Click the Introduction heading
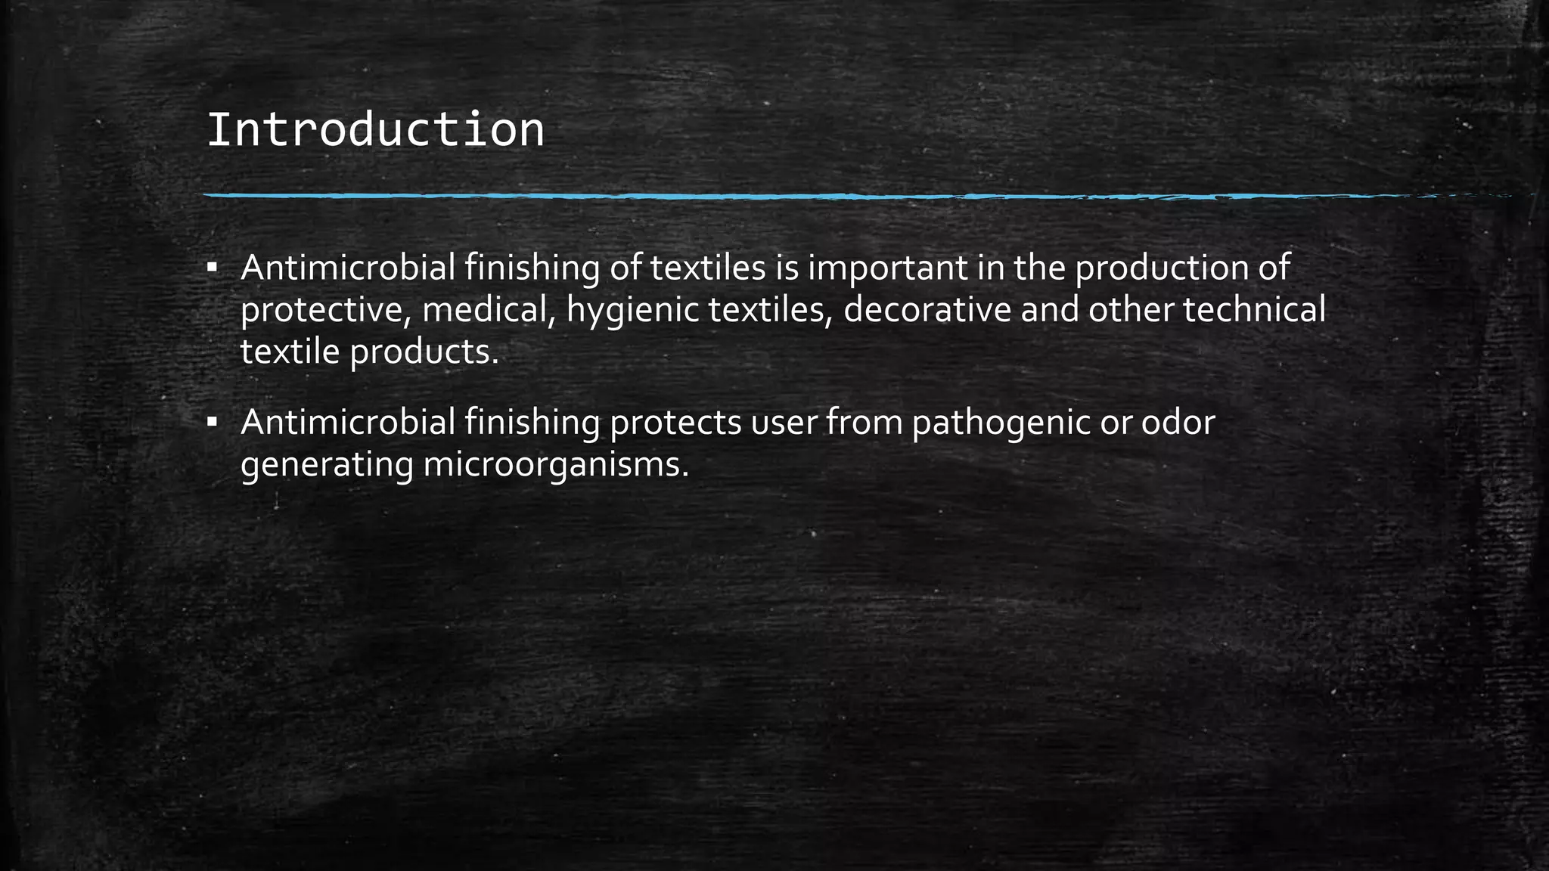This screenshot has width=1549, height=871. point(375,130)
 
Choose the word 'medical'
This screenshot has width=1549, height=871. point(490,311)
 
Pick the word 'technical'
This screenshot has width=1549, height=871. point(1254,311)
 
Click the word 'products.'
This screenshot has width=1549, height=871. point(424,353)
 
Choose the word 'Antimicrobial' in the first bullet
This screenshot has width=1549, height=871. point(348,268)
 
